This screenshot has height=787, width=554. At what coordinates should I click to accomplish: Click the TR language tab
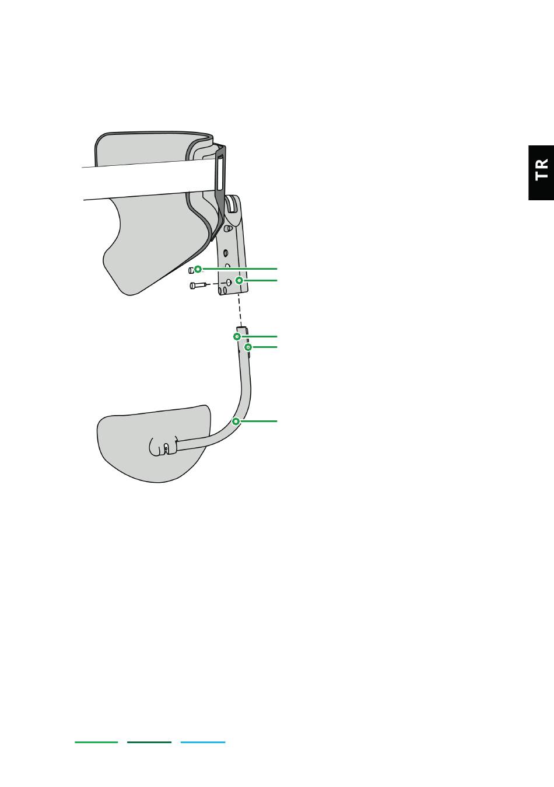click(541, 172)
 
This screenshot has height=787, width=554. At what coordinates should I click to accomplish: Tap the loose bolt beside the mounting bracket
click(198, 285)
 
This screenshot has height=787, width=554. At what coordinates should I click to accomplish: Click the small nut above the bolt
click(191, 270)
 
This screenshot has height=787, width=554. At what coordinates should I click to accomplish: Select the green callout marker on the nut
click(198, 269)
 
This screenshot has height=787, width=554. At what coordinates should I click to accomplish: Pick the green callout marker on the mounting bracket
click(239, 280)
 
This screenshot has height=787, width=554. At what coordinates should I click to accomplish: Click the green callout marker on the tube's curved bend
click(236, 421)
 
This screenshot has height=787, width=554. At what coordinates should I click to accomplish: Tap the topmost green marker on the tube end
click(237, 337)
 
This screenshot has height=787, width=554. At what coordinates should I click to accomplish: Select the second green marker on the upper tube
click(248, 347)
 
